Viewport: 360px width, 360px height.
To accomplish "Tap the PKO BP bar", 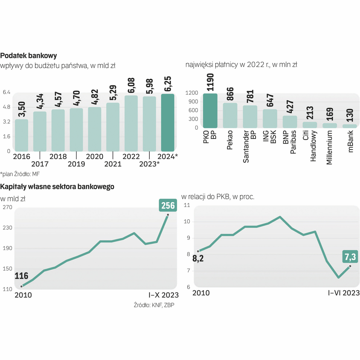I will (x=210, y=111).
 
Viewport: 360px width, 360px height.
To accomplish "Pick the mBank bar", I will (x=350, y=126).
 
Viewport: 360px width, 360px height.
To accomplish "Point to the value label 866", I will (x=230, y=94).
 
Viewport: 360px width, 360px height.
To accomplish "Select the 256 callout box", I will (x=168, y=205).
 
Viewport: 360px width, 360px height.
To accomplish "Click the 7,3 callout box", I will (x=350, y=257).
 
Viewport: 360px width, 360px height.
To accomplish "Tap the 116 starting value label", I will (x=21, y=276).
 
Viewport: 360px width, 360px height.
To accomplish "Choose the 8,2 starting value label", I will (x=198, y=259).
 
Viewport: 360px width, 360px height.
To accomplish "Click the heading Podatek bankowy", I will (x=29, y=55).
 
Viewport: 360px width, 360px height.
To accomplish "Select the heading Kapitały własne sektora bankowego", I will (x=57, y=187).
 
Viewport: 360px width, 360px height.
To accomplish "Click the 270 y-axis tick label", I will (x=8, y=207).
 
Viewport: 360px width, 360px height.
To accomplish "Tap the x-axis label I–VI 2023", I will (x=344, y=293).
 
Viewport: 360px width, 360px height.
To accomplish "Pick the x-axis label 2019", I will (x=76, y=164).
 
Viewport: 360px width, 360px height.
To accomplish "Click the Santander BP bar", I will (x=250, y=117).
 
